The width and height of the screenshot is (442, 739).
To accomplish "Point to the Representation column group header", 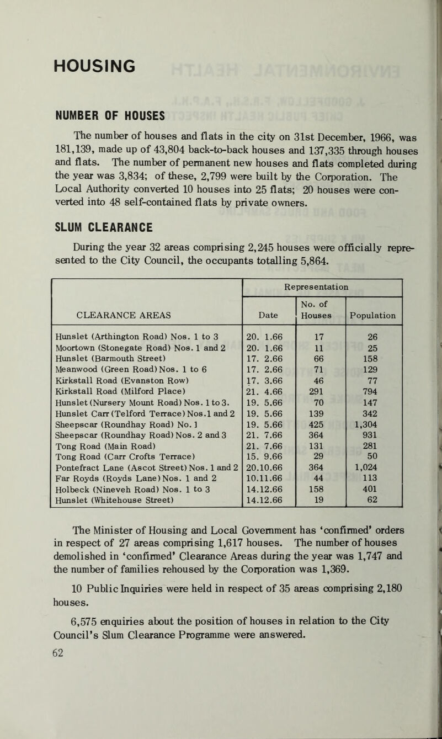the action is [322, 288].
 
